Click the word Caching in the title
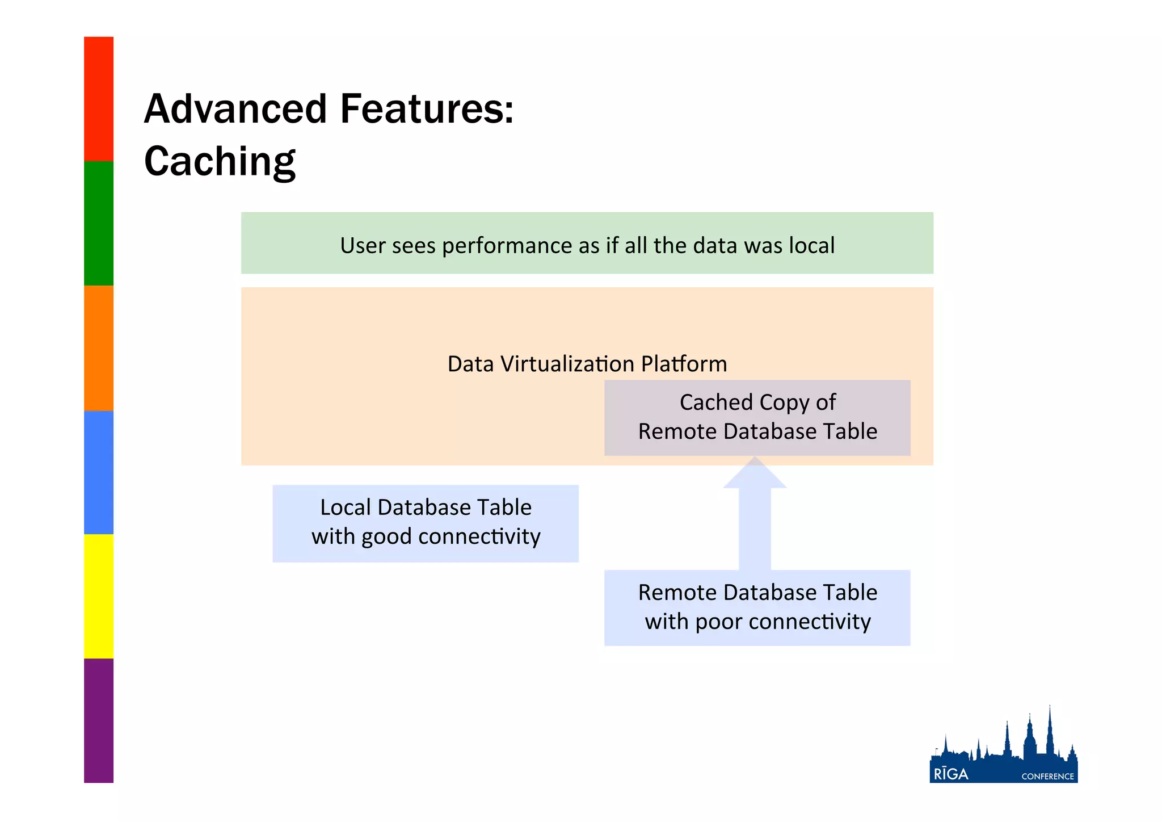(220, 162)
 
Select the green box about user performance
(587, 244)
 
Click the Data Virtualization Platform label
(587, 364)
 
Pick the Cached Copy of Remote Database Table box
(757, 417)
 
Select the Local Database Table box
(426, 523)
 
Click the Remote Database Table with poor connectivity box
(757, 607)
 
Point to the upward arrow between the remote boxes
(755, 517)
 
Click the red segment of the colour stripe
(99, 99)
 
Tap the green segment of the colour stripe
(99, 223)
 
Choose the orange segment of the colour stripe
(99, 347)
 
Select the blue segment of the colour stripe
(99, 472)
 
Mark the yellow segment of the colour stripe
(99, 596)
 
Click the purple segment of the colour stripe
(99, 720)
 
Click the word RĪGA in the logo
(951, 774)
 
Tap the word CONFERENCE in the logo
(1047, 777)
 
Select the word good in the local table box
(386, 537)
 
